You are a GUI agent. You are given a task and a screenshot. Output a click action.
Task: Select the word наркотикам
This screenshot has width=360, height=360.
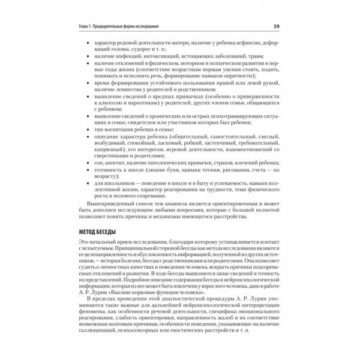141,103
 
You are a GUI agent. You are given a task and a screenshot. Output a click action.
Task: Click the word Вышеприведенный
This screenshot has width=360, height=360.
112,205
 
